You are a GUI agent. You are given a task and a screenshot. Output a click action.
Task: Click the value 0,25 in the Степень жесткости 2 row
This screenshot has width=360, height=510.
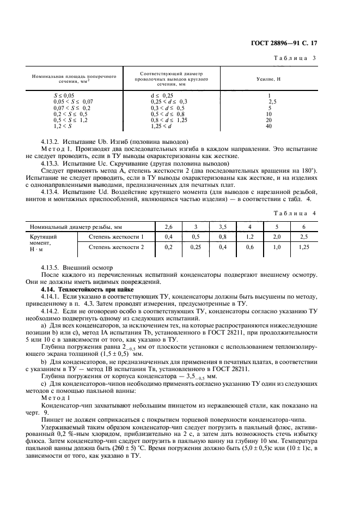[196, 247]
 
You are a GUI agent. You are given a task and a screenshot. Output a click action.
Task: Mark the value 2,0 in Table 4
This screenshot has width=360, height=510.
[277, 236]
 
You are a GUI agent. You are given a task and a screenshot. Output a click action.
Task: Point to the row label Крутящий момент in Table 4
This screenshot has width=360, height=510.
[44, 242]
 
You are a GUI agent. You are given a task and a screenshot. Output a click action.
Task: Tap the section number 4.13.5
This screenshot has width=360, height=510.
[51, 269]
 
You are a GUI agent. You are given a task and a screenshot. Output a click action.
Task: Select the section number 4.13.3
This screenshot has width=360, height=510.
[51, 163]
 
